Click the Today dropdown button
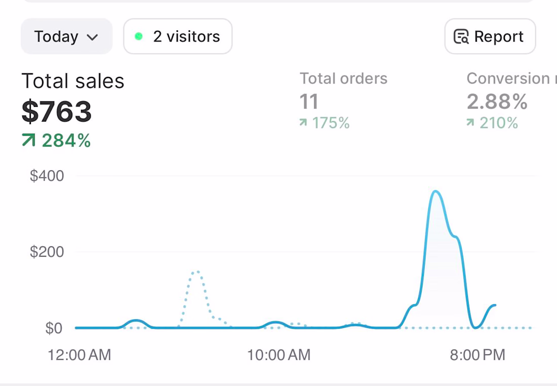(x=67, y=36)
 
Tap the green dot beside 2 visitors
(x=139, y=36)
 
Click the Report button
(x=490, y=36)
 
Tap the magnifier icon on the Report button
(x=461, y=36)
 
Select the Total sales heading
(x=73, y=81)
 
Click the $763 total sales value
(x=57, y=111)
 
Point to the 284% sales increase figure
(x=66, y=140)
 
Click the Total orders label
(x=343, y=79)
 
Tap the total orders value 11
(x=309, y=102)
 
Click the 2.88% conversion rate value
(x=497, y=102)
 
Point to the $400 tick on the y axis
(x=47, y=176)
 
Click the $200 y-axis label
(x=47, y=252)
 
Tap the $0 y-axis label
(x=54, y=328)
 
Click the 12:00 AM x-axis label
(x=79, y=355)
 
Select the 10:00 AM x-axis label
(x=279, y=355)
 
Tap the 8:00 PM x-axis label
(x=478, y=355)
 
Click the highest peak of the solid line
(x=435, y=191)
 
